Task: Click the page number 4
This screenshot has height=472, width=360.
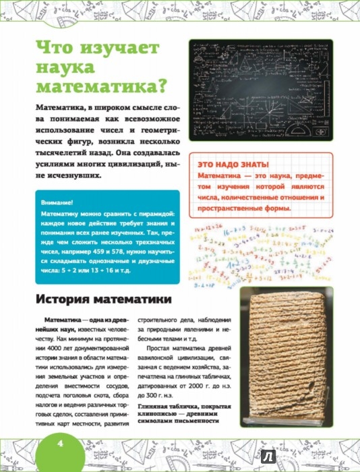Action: [x=59, y=443]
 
